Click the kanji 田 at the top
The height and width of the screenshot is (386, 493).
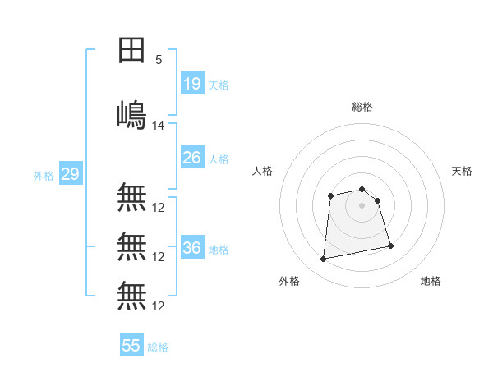coord(131,51)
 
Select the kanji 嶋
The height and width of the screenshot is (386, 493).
coord(131,114)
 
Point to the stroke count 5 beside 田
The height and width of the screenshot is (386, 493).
coord(159,60)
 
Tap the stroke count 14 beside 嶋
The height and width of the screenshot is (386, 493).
coord(159,126)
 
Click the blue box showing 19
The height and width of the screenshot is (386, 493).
coord(192,84)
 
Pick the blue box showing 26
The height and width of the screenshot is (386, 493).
coord(192,158)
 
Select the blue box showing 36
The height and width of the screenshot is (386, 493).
coord(192,248)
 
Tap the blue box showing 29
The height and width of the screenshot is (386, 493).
coord(70,174)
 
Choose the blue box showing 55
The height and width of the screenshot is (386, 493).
coord(131,346)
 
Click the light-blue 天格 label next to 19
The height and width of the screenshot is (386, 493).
coord(219,85)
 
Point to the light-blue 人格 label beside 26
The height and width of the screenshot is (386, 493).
coord(219,159)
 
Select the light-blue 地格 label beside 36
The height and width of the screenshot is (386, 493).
coord(219,250)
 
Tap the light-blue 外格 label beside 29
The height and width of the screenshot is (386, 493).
coord(44,176)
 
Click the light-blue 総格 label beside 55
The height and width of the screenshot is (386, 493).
coord(158,347)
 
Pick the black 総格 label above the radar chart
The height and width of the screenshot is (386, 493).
coord(362,107)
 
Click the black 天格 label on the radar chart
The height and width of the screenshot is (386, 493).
coord(463,171)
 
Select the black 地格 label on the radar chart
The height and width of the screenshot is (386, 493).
coord(431,281)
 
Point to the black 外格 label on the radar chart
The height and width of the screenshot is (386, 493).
coord(289,281)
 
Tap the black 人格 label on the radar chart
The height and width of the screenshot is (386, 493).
coord(262,171)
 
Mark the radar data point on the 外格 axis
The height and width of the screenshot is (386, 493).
coord(324,260)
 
